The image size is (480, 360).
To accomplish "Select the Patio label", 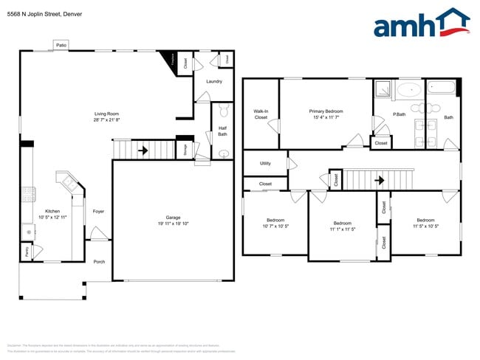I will [x=61, y=46].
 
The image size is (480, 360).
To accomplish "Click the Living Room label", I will [x=106, y=114].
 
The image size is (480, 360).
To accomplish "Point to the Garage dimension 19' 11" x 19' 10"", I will [x=173, y=224].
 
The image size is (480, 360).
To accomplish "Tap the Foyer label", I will [x=98, y=212].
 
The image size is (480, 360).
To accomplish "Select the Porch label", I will [x=99, y=261].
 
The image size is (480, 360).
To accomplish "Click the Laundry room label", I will [x=214, y=81].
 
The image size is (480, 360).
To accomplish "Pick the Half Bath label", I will [x=222, y=131].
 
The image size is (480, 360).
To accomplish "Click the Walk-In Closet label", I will [x=261, y=114].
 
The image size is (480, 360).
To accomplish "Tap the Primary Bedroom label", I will [x=326, y=111].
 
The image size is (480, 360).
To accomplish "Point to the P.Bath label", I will [x=398, y=114].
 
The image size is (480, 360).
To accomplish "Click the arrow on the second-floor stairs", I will [x=380, y=179].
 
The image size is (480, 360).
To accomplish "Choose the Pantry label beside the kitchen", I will [x=26, y=252].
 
